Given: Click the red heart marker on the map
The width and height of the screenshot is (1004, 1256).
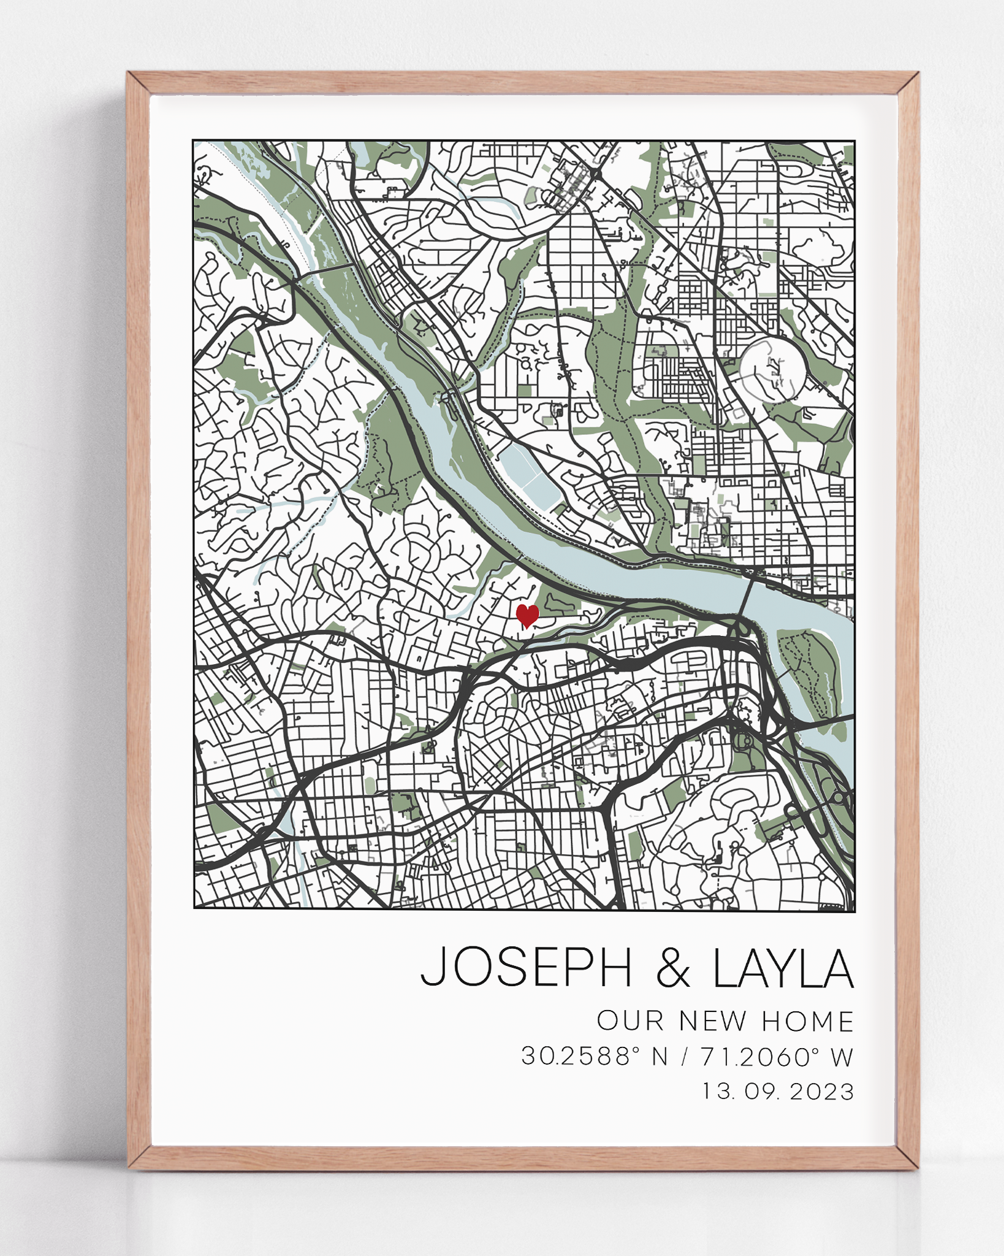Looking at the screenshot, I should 527,615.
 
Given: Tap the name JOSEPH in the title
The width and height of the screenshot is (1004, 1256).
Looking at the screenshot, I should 526,967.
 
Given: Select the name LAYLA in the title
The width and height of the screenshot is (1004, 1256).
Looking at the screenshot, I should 783,967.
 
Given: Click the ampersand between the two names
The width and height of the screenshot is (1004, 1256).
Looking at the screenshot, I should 672,968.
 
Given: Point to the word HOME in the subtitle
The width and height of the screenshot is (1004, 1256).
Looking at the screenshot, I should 807,1021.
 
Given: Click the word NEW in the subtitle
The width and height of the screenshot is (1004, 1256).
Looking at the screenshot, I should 713,1021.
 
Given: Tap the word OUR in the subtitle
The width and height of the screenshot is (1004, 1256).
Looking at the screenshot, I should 631,1021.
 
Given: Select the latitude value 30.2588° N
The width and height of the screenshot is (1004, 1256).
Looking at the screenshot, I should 593,1057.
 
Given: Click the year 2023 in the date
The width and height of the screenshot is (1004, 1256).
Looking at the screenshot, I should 822,1092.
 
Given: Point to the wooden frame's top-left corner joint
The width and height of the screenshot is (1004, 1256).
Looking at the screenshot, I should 139,83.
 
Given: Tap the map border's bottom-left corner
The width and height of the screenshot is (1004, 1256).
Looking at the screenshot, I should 194,908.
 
